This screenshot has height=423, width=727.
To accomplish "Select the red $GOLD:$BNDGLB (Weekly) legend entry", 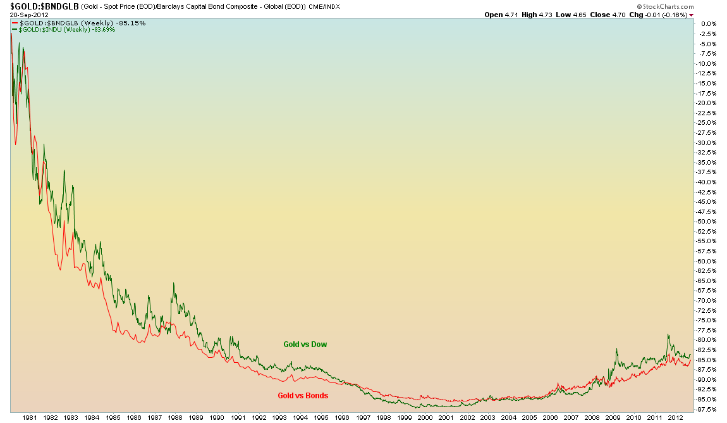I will click(x=78, y=23).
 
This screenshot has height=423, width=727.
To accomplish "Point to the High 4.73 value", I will click(x=537, y=15).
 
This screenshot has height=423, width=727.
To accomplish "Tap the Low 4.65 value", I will click(x=572, y=15).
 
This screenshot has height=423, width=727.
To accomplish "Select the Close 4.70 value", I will click(x=609, y=15).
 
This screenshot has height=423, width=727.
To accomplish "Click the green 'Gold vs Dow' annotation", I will click(x=305, y=344).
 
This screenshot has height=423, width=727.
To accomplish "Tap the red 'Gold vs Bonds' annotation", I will click(x=303, y=396).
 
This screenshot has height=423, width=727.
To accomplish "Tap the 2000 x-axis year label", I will click(x=425, y=418).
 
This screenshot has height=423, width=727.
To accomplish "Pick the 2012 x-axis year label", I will click(x=675, y=418).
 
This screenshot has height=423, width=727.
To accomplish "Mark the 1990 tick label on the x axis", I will click(x=217, y=418).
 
